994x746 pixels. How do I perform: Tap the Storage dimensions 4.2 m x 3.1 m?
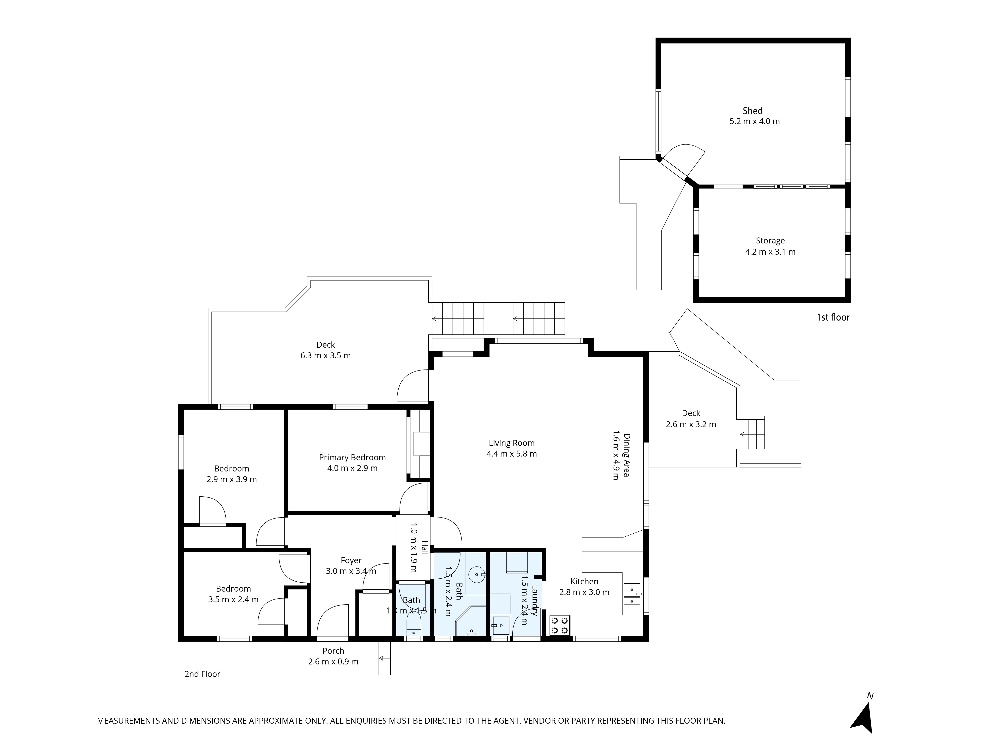click(x=770, y=252)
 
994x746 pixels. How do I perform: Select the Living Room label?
click(x=511, y=443)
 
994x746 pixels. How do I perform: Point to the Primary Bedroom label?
click(x=352, y=457)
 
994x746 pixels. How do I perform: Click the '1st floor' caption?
click(x=833, y=318)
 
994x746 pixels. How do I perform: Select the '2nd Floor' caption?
click(x=202, y=674)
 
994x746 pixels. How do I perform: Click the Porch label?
click(x=333, y=651)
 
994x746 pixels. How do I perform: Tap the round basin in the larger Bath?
click(x=476, y=575)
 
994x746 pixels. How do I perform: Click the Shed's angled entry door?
click(x=683, y=162)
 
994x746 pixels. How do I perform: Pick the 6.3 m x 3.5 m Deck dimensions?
click(x=325, y=356)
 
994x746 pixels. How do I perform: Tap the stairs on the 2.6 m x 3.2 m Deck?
click(x=752, y=434)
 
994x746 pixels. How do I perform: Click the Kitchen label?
click(x=584, y=581)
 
